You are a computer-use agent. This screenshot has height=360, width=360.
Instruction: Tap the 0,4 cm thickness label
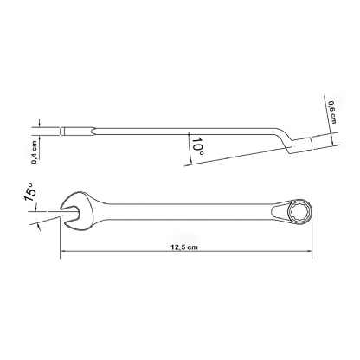click(x=35, y=152)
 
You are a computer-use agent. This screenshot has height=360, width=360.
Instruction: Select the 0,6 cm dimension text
click(x=332, y=112)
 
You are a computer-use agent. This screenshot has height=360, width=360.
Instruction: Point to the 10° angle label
click(x=197, y=146)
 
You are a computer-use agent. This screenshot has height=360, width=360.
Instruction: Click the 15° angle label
click(x=30, y=192)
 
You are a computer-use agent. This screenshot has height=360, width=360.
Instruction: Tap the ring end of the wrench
click(x=300, y=211)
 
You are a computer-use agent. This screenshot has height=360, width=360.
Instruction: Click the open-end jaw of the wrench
click(x=75, y=211)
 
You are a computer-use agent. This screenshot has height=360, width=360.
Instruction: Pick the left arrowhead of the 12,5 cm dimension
click(x=62, y=251)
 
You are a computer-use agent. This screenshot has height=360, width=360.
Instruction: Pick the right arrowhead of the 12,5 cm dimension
click(x=310, y=251)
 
